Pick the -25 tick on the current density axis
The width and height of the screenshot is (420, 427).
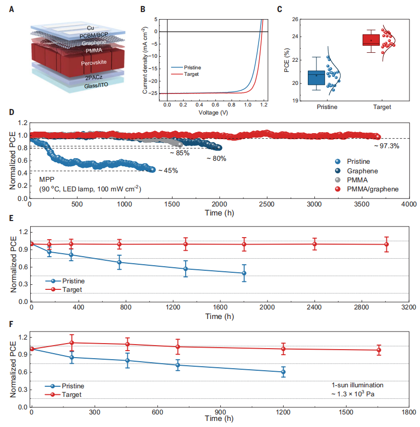(155, 93)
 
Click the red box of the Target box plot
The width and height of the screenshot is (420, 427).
(371, 40)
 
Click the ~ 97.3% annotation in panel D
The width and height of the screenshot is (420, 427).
(386, 146)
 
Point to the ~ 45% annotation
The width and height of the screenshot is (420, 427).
(168, 171)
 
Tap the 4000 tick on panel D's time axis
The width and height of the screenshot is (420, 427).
(408, 205)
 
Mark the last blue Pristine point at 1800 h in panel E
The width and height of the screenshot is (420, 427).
(244, 273)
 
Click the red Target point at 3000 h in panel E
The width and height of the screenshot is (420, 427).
(386, 245)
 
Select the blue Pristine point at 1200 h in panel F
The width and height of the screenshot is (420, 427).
(284, 372)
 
